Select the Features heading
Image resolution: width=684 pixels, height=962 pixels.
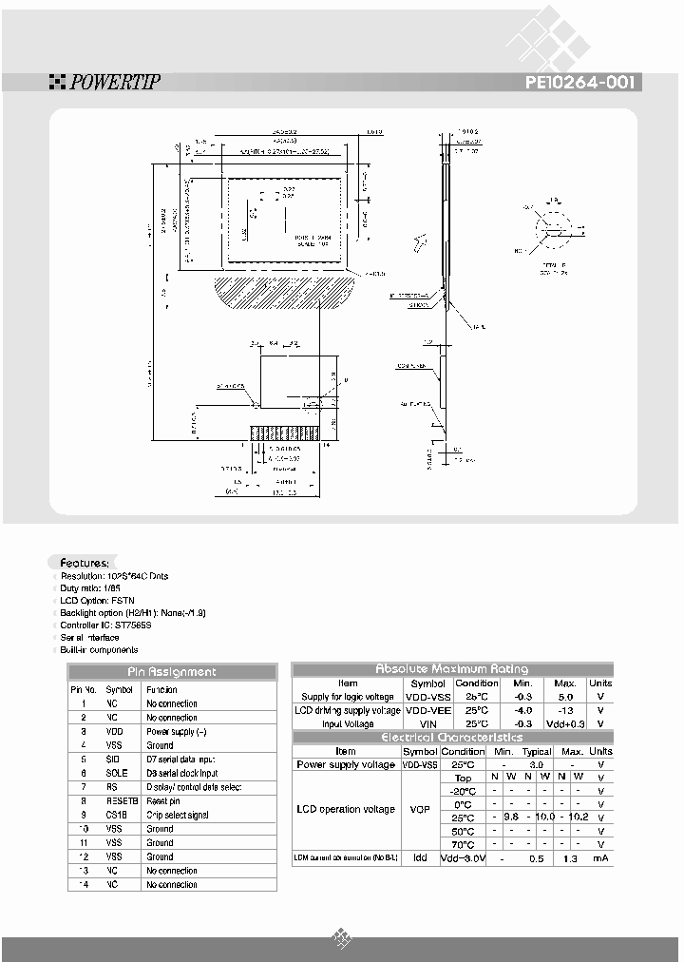click(85, 563)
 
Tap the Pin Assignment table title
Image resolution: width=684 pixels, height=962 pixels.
click(172, 672)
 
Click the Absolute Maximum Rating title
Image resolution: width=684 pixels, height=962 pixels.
click(452, 669)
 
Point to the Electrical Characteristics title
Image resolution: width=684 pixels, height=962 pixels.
click(452, 738)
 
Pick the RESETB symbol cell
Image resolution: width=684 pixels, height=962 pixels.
click(120, 801)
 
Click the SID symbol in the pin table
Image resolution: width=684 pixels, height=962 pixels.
click(112, 760)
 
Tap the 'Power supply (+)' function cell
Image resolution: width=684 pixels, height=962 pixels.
click(177, 732)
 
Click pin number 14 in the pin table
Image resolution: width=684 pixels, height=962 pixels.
click(85, 885)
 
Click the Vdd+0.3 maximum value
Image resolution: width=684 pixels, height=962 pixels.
click(565, 724)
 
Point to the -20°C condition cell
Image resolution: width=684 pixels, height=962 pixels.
click(463, 791)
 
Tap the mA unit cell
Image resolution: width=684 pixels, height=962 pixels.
click(600, 858)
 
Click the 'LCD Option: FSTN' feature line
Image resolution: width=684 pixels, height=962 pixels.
click(98, 601)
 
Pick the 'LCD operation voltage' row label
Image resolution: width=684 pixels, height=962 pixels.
click(346, 810)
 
